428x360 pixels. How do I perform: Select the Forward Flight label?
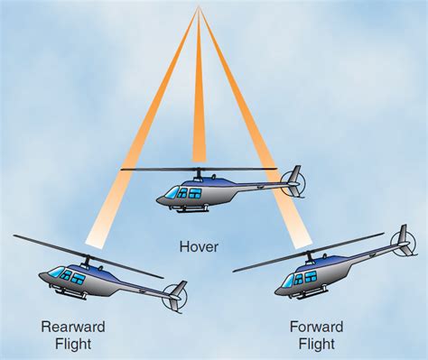(312, 334)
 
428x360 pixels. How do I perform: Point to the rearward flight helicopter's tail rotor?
(175, 296)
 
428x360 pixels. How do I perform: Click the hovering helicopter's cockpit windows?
(188, 192)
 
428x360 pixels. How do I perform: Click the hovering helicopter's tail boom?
(257, 187)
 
